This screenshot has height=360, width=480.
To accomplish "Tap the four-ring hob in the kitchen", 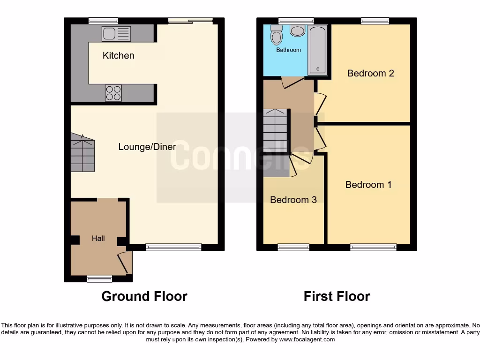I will coord(113,92).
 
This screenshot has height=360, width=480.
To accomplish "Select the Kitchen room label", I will coord(118,55).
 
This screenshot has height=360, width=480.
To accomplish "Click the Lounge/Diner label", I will coord(147,147).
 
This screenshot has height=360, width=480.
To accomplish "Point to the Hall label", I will coord(98,238).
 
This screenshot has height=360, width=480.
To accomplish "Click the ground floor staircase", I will coord(82,153).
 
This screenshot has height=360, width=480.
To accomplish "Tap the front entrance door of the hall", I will coord(125,262).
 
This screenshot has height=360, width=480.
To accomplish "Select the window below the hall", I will coord(99,279).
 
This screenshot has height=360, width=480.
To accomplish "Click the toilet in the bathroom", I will coord(298,30).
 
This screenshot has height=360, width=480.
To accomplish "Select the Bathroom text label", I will coord(288,50).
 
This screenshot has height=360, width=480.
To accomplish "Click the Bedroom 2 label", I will coord(370,73).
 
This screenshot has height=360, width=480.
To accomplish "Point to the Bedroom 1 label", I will coord(368,185).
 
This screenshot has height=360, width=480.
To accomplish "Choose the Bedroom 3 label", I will coord(293,200).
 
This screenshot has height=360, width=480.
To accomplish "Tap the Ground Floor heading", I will coord(144,296).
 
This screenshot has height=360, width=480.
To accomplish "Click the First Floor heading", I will coord(337,296).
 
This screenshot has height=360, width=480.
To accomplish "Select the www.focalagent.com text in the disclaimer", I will coord(307,339).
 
